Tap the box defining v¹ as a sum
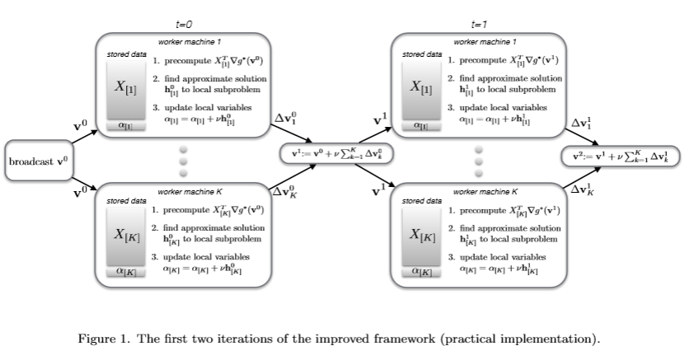[x=335, y=154]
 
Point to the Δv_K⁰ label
[x=284, y=192]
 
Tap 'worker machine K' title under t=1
[x=480, y=191]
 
